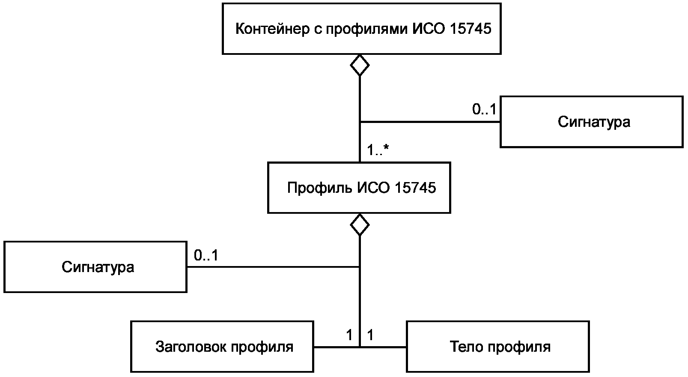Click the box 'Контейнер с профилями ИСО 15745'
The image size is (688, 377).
click(361, 29)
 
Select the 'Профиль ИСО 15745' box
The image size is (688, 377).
click(359, 187)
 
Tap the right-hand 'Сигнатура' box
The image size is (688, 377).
click(592, 122)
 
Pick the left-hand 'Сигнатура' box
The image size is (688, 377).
click(95, 267)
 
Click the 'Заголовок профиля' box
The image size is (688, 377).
click(222, 347)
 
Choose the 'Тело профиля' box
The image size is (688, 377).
click(498, 347)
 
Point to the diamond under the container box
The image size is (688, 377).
click(360, 65)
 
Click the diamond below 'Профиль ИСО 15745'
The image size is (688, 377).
click(360, 224)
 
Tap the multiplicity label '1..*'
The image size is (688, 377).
click(378, 150)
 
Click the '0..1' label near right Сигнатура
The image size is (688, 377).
click(484, 109)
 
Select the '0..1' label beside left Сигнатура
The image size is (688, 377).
click(206, 255)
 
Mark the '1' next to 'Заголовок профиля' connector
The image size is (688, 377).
click(349, 335)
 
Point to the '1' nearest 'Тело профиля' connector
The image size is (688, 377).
click(370, 335)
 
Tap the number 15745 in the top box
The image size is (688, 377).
click(470, 29)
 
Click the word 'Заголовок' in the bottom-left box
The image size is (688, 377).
click(191, 347)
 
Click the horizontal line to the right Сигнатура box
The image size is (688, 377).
click(430, 122)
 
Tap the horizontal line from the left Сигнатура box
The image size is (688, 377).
click(273, 267)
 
